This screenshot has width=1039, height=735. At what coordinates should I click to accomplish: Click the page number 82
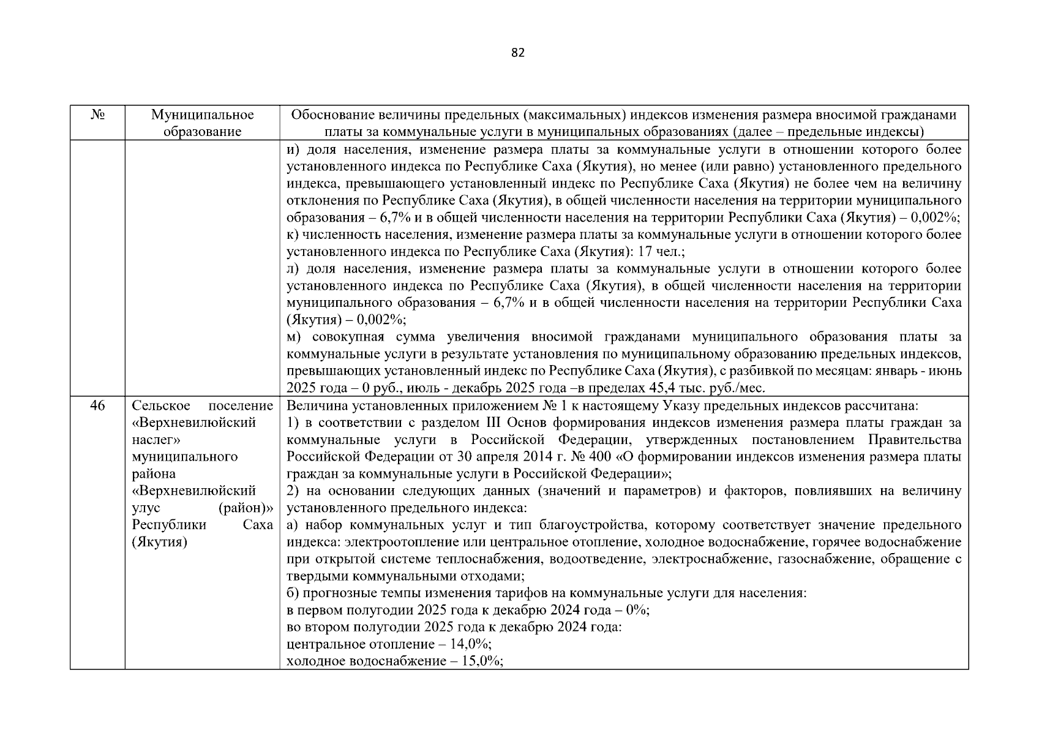[517, 53]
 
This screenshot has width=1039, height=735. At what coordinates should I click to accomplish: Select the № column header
[97, 115]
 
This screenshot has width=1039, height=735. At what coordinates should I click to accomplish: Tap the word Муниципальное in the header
[202, 115]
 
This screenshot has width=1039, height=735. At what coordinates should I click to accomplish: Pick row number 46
[97, 405]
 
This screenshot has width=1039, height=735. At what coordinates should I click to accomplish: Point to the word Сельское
[159, 405]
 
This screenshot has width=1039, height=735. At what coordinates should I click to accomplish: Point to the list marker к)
[293, 235]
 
